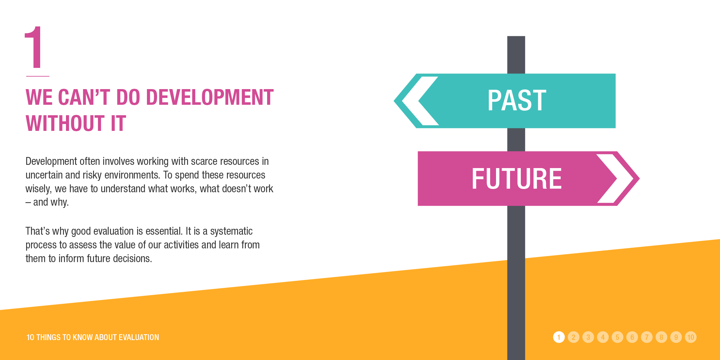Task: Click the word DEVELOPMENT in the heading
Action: coord(210,97)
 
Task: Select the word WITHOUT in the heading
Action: coord(65,123)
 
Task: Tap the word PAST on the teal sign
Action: coord(517,101)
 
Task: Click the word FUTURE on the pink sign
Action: coord(517,179)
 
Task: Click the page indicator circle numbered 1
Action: coord(559,337)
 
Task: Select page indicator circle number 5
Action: coord(617,337)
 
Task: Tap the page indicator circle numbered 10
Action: coord(691,337)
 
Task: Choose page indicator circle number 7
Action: coord(647,337)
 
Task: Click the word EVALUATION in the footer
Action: coord(139,337)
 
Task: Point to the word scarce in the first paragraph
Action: coord(204,161)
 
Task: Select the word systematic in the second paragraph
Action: coord(231,231)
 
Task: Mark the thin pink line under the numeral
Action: coord(38,76)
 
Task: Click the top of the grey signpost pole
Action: coord(516,37)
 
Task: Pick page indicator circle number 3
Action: coord(588,337)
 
